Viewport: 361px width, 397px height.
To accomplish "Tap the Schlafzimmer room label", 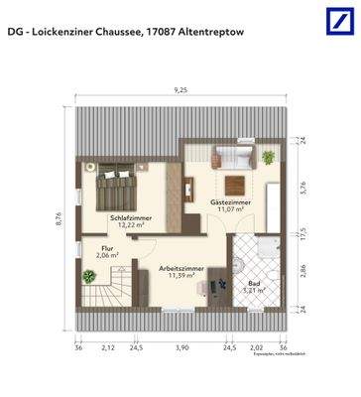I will pyautogui.click(x=130, y=217).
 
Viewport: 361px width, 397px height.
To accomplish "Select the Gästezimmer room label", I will pyautogui.click(x=230, y=201).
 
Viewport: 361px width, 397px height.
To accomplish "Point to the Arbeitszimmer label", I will pyautogui.click(x=180, y=269).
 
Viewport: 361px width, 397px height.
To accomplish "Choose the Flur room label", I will pyautogui.click(x=107, y=249).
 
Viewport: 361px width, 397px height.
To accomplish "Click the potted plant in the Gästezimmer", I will pyautogui.click(x=268, y=157).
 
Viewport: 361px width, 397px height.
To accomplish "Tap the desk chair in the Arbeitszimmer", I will pyautogui.click(x=202, y=288).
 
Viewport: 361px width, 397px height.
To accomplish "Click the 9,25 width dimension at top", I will pyautogui.click(x=180, y=89).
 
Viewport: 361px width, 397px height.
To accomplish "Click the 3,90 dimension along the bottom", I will pyautogui.click(x=181, y=348).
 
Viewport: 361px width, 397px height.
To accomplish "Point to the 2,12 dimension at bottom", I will pyautogui.click(x=108, y=348).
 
